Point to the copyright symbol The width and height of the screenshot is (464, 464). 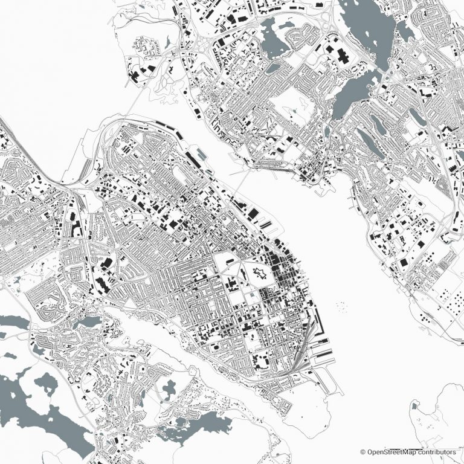[x=363, y=451]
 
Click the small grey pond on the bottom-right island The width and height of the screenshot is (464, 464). [x=414, y=407]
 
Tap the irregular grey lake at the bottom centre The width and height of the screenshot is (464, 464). [x=199, y=423]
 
